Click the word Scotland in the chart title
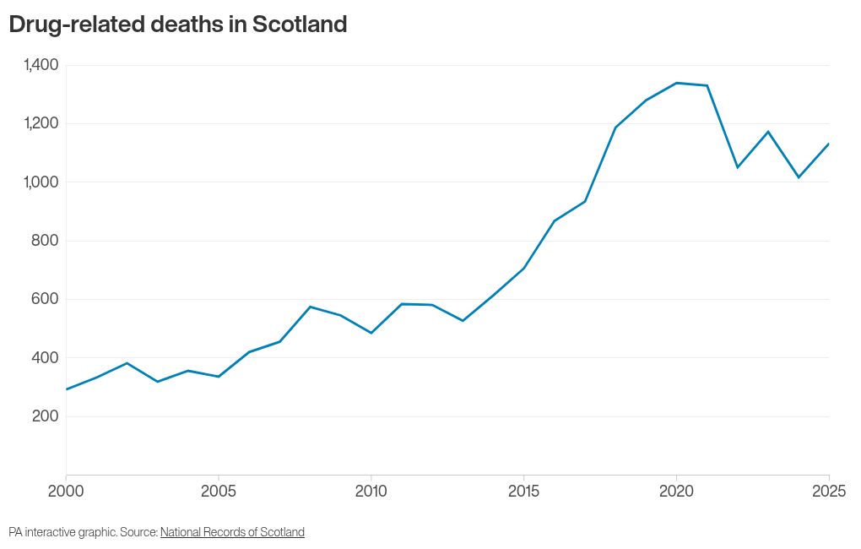[x=300, y=24]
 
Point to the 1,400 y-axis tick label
[x=41, y=65]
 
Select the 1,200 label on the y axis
[x=41, y=123]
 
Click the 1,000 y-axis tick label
[x=41, y=182]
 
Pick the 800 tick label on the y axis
[x=45, y=241]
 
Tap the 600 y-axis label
[x=45, y=299]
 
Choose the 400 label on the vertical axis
[x=45, y=358]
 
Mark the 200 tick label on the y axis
[x=45, y=416]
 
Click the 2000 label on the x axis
[x=66, y=491]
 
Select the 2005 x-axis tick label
[x=219, y=491]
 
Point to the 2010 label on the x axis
[x=371, y=491]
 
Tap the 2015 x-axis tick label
[x=524, y=491]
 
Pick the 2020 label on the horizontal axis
[x=676, y=491]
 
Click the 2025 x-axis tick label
[x=829, y=491]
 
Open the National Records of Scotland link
[x=232, y=532]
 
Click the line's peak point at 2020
[x=676, y=83]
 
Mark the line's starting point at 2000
[x=67, y=389]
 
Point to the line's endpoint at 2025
[x=829, y=144]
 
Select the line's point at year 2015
[x=524, y=269]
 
